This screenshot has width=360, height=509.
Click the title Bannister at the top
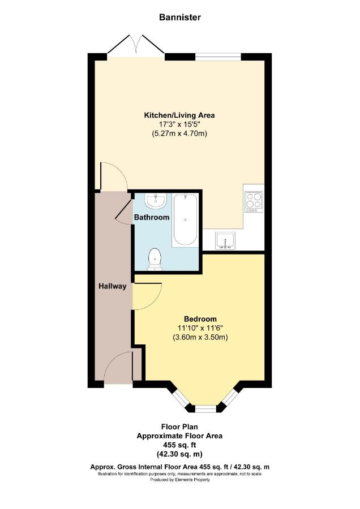click(x=179, y=17)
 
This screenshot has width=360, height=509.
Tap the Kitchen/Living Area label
click(x=179, y=115)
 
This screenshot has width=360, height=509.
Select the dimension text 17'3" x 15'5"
click(x=179, y=124)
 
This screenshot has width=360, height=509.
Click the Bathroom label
click(x=152, y=217)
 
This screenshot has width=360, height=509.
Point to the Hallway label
click(x=113, y=286)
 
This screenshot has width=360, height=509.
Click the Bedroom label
click(x=200, y=319)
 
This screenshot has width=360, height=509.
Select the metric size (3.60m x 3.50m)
click(x=200, y=337)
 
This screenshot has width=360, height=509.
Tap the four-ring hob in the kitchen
click(x=254, y=202)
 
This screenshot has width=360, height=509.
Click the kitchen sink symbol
click(x=225, y=241)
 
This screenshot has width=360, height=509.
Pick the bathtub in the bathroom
click(x=185, y=220)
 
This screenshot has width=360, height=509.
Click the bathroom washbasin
click(x=156, y=201)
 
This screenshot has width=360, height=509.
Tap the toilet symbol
click(x=155, y=260)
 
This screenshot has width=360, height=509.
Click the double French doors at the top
click(x=136, y=45)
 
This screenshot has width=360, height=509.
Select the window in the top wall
click(x=218, y=57)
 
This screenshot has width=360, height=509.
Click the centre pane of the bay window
click(x=205, y=408)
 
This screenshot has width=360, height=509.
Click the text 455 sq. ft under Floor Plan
click(x=179, y=445)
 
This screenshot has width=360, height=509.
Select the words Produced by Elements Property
click(x=179, y=480)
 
